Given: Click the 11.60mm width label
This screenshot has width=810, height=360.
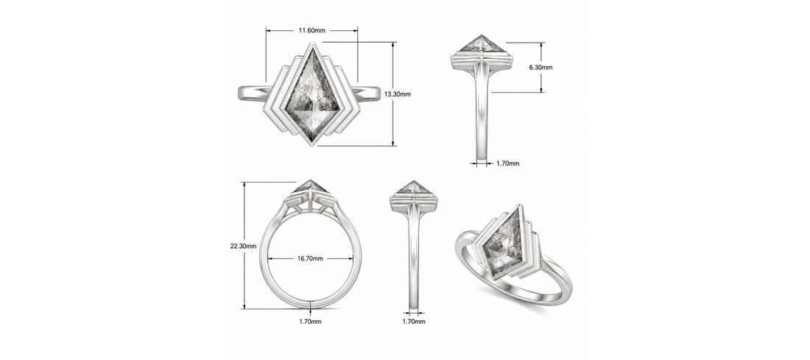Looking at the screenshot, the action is [x=312, y=30].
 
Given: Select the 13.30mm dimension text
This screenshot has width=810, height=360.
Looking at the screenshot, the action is [x=398, y=94].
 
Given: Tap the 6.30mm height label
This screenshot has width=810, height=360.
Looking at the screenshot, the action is [x=541, y=68].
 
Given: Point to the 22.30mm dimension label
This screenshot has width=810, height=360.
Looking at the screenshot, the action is [x=243, y=246].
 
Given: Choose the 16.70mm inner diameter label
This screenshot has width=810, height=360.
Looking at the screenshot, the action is [x=310, y=258].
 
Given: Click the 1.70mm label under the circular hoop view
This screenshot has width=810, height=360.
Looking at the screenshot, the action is [x=311, y=322].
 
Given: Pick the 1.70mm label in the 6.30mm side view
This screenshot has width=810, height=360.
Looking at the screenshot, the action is [x=508, y=163].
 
